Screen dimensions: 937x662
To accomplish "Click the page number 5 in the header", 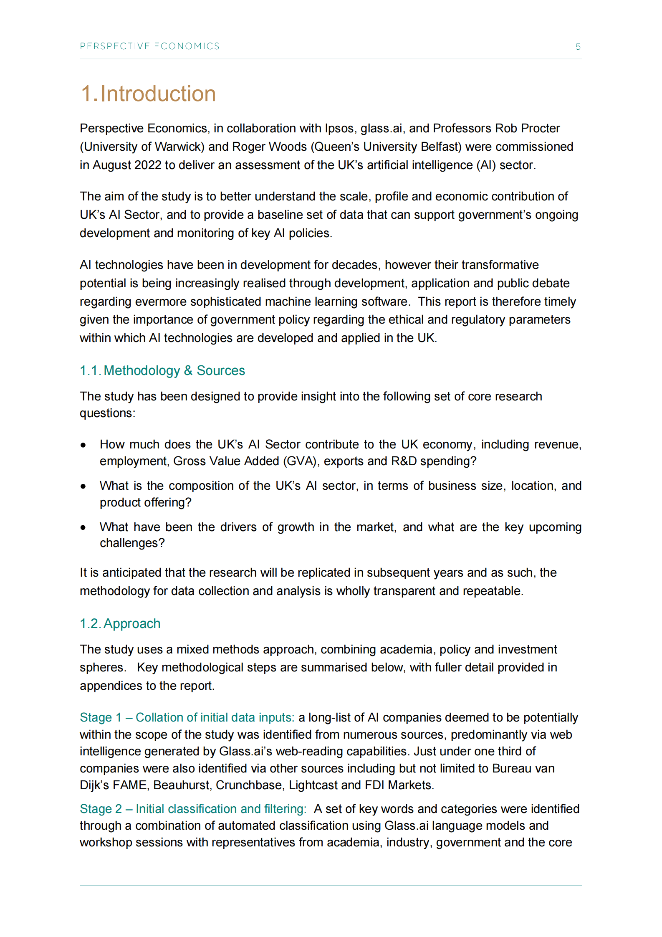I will coord(578,46).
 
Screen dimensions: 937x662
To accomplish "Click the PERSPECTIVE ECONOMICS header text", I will coord(149,46).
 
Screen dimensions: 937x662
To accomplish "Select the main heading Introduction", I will coord(158,94).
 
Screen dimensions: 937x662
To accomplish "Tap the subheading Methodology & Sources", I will coord(174,370).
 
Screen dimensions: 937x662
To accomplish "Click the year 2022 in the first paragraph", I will coord(148,165).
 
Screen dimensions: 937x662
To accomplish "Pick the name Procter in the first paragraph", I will coord(539,128).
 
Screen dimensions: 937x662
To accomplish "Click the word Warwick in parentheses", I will coord(177,147).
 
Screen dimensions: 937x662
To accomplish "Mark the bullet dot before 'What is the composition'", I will coord(83,486).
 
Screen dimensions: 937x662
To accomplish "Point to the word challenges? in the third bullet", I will coord(132,543).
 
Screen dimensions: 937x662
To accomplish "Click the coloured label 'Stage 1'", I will coord(101,717).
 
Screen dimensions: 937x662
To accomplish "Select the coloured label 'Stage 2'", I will coord(101,809).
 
